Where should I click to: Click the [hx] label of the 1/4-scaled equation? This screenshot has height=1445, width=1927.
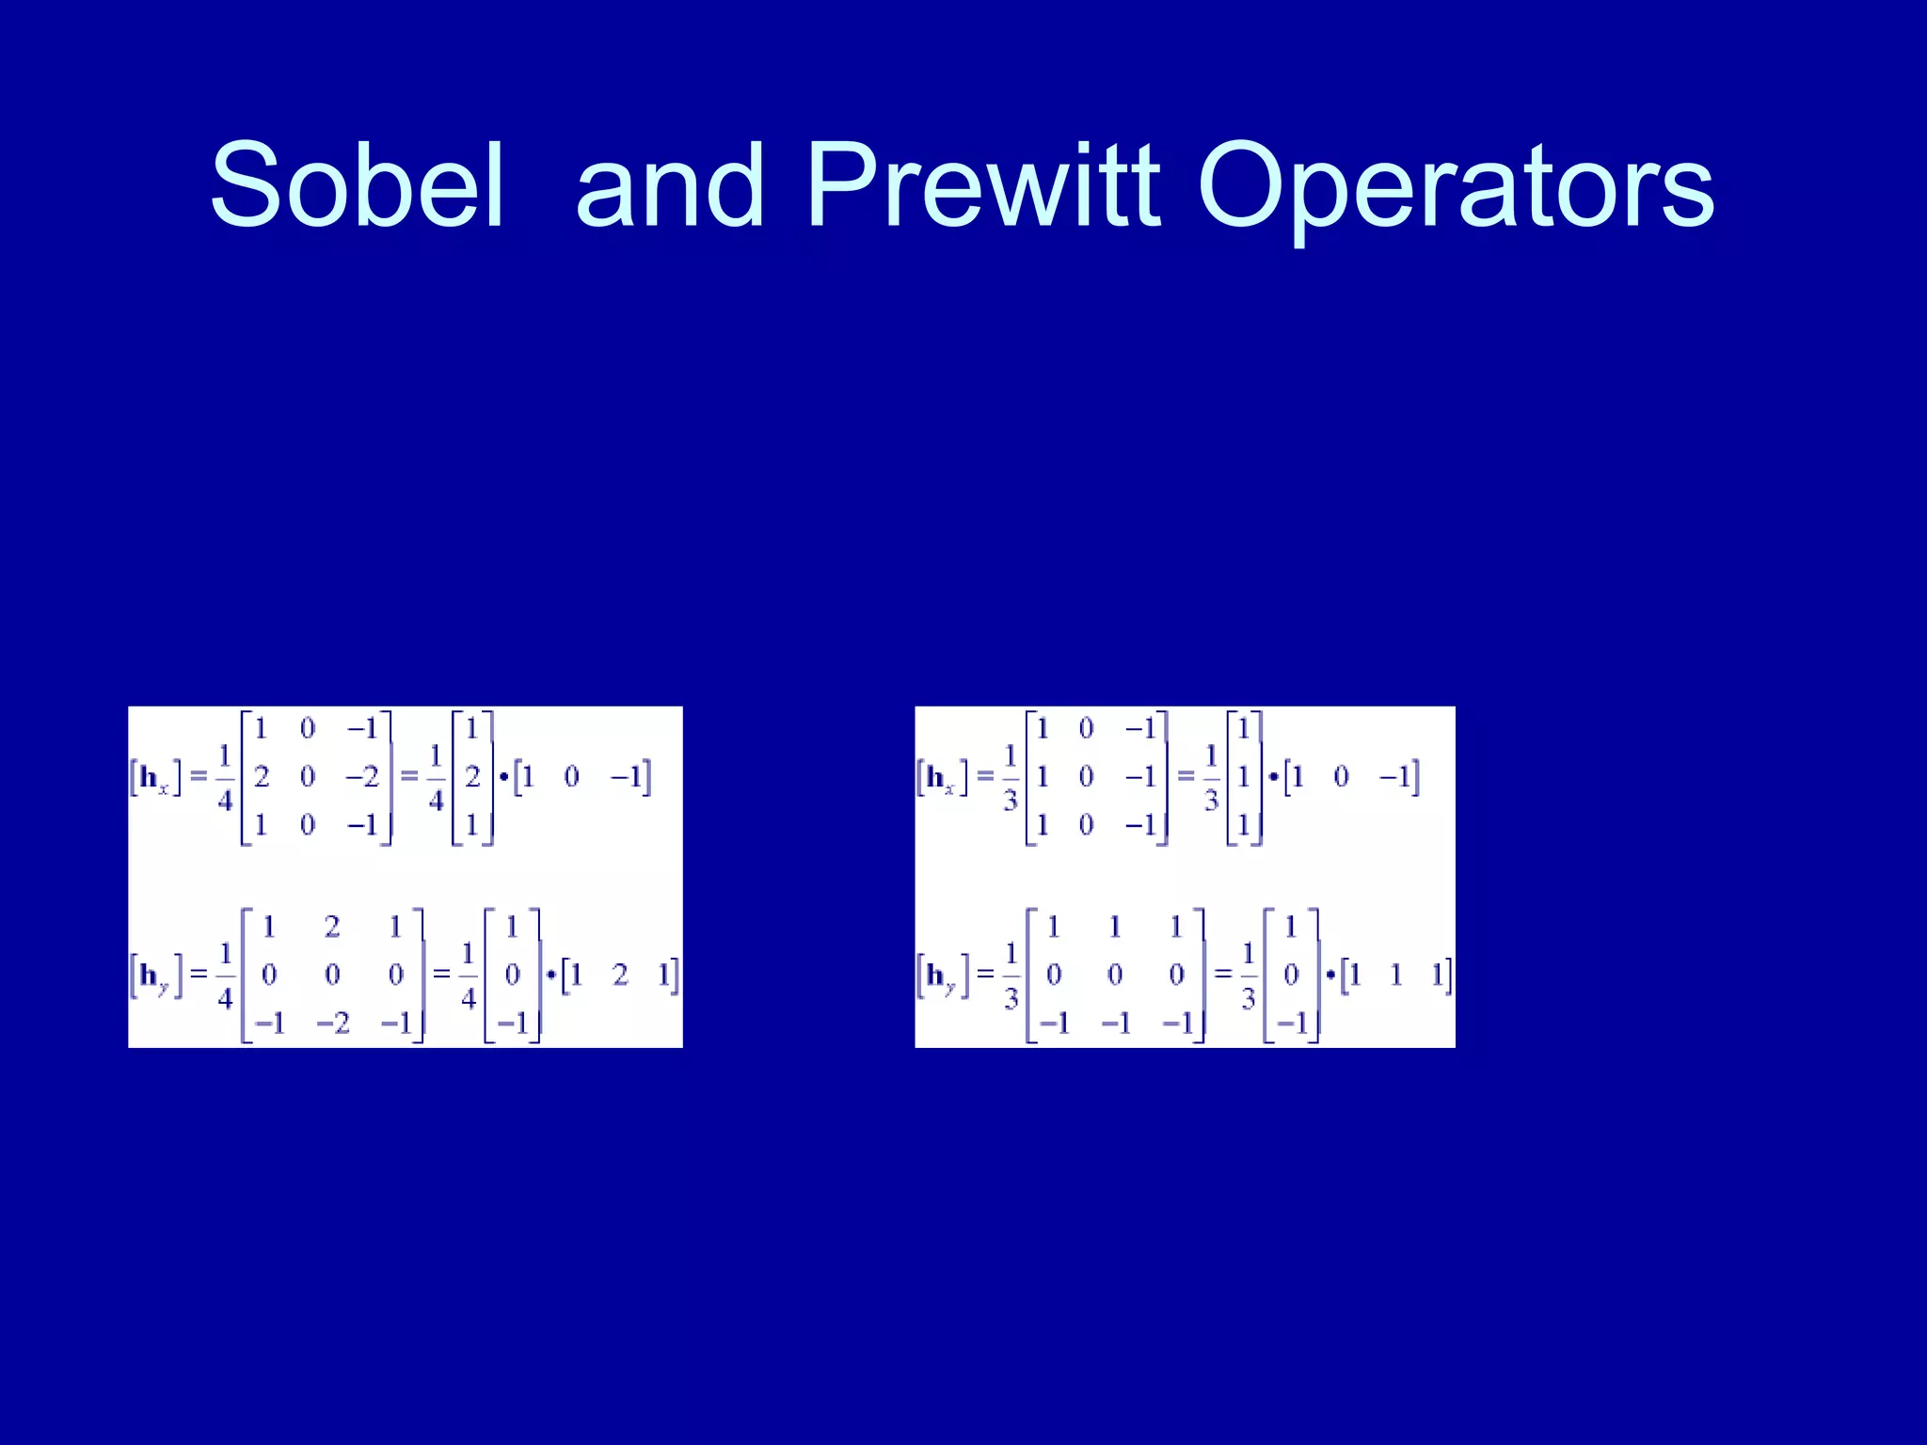tap(155, 778)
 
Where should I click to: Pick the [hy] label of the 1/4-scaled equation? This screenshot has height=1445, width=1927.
tap(155, 976)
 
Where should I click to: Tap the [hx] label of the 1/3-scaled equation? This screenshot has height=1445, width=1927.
tap(942, 778)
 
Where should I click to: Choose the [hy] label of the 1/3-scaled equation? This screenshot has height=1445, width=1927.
tap(942, 976)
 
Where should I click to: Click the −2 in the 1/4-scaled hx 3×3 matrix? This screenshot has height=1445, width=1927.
tap(362, 777)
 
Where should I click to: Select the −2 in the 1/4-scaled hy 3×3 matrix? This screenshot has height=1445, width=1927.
tap(333, 1023)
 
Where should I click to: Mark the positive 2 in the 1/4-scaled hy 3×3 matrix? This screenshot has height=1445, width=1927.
tap(332, 927)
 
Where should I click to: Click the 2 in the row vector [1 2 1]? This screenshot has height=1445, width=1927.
tap(620, 976)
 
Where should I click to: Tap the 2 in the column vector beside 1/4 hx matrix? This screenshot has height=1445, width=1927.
tap(472, 777)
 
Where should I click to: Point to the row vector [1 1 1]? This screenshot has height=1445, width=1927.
tap(1395, 976)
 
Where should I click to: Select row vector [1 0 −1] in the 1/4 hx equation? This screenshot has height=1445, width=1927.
tap(581, 777)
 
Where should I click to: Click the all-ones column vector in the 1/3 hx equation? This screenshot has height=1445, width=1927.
tap(1244, 777)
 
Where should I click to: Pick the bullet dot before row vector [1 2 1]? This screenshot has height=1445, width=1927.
tap(551, 975)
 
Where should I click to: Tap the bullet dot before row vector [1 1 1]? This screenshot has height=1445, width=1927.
tap(1330, 975)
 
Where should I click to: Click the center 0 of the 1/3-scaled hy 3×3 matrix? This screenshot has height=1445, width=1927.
tap(1115, 976)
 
